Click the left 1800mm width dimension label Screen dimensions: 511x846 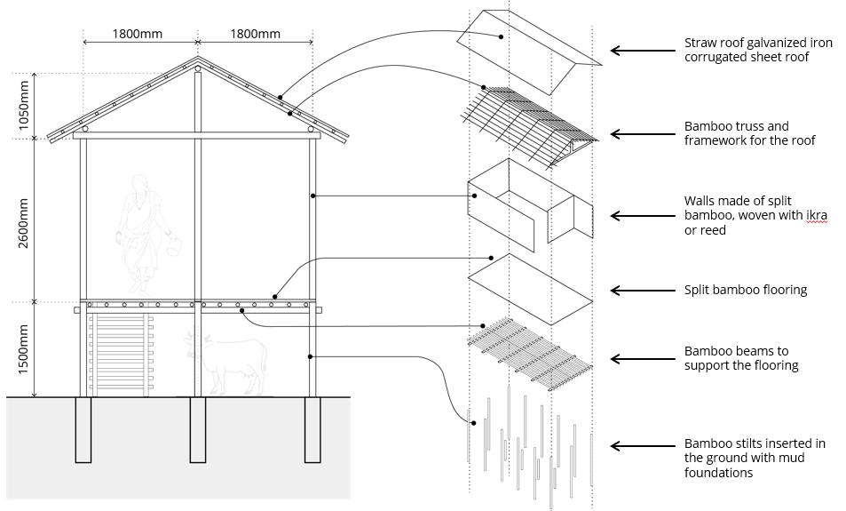point(137,34)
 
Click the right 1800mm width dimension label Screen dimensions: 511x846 point(255,34)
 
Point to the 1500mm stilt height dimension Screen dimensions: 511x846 point(25,348)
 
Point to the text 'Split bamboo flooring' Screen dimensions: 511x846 point(745,290)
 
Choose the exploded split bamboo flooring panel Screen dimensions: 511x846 point(529,289)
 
